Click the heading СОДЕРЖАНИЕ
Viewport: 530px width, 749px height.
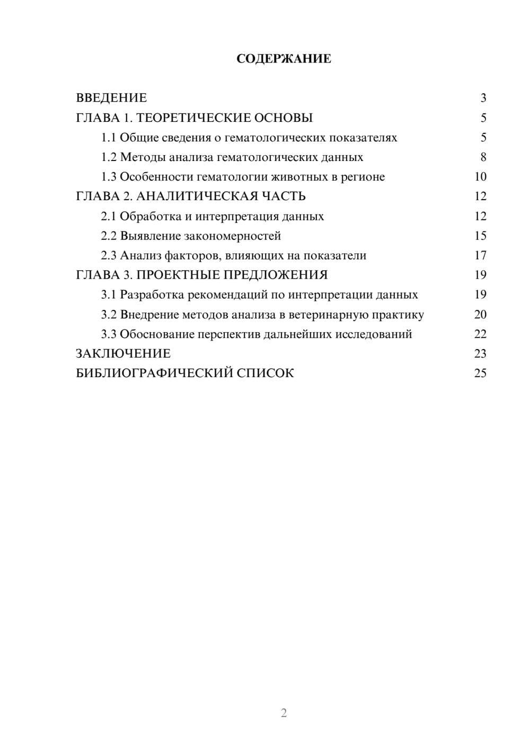[x=284, y=59]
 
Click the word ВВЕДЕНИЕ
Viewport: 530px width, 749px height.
[x=111, y=98]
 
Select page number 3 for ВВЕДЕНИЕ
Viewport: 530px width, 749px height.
[x=483, y=98]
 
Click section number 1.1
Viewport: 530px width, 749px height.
[x=109, y=138]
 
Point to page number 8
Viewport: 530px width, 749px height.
[x=483, y=157]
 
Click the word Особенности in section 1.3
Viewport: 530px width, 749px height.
[x=151, y=177]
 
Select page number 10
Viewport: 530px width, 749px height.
[x=480, y=177]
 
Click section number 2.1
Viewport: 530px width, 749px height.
[x=109, y=216]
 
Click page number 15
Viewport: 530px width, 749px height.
[x=480, y=236]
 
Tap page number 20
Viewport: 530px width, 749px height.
[x=480, y=314]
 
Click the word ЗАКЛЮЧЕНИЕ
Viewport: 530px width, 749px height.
[x=123, y=353]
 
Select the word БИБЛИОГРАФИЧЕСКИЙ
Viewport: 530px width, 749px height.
[x=154, y=373]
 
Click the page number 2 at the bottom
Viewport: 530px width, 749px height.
[x=284, y=713]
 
